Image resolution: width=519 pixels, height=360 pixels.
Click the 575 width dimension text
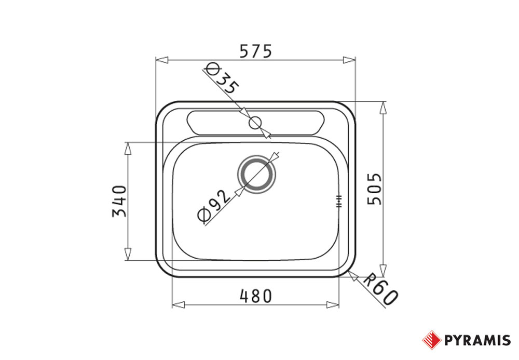[x=255, y=51]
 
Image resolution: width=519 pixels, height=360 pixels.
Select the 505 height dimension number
[x=375, y=189]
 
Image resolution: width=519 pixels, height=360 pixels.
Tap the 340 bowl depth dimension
[x=119, y=201]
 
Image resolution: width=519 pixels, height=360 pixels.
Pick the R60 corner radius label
[x=380, y=289]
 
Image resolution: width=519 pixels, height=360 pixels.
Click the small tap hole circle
[x=255, y=123]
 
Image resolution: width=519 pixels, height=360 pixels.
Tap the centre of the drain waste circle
[x=256, y=174]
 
